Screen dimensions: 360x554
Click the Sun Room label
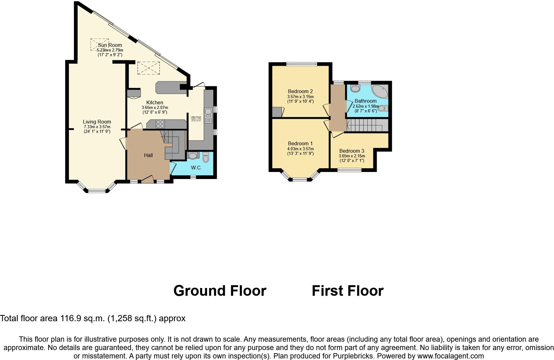(110, 45)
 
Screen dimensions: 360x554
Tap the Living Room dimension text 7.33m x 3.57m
(97, 127)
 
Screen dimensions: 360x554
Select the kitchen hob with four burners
(160, 124)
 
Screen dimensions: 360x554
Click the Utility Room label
(196, 117)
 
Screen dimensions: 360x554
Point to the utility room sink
(208, 111)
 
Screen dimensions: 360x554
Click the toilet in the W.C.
(206, 159)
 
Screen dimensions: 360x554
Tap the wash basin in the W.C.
(193, 155)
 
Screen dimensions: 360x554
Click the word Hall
(148, 155)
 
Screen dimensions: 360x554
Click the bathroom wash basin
(355, 89)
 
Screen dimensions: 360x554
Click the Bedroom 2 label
(300, 92)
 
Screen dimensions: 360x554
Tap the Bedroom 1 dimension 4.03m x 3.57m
(300, 149)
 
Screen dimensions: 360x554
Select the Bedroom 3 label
(352, 151)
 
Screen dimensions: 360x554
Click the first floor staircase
(366, 126)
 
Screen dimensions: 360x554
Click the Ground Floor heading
(220, 291)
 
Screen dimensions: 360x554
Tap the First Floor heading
(347, 291)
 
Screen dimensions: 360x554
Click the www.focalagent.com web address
(450, 356)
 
